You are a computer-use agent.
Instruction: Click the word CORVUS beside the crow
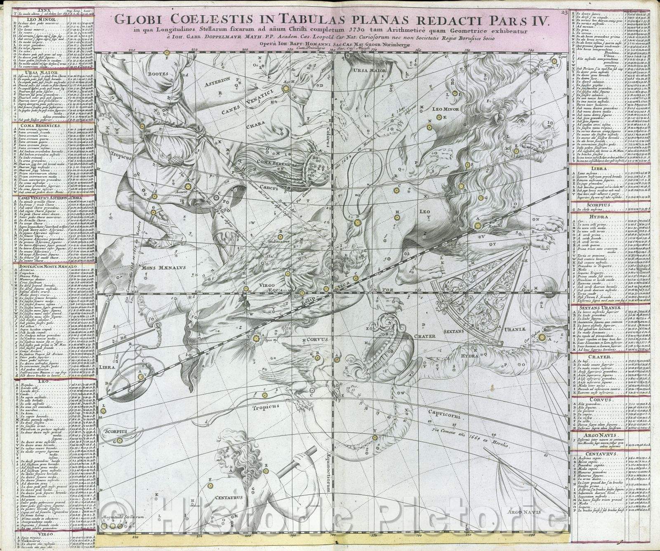[316, 339]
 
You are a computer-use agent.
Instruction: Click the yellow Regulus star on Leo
[478, 225]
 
